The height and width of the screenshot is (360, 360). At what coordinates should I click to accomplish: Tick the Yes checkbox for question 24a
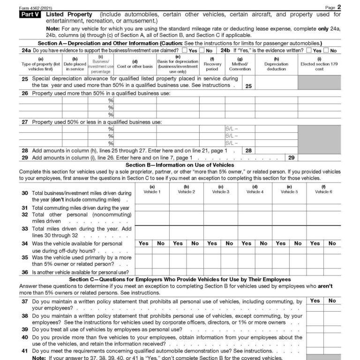point(185,50)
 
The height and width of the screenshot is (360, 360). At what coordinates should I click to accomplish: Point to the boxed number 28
point(248,151)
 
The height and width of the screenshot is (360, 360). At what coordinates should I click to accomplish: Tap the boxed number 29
point(291,158)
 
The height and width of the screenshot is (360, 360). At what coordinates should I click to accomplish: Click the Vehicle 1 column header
point(152,189)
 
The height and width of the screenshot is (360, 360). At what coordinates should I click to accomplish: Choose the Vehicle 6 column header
point(323,189)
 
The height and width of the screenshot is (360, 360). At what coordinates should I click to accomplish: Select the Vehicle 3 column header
point(220,189)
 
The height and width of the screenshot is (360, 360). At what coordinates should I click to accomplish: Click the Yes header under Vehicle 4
point(246,243)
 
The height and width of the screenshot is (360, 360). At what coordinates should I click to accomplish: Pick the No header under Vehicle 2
point(195,243)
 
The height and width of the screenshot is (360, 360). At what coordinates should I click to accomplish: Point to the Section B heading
point(180,165)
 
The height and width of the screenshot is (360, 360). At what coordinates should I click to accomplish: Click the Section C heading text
point(180,279)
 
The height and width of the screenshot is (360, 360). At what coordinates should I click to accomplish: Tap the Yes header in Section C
point(315,300)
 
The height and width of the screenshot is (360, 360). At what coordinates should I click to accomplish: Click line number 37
point(25,301)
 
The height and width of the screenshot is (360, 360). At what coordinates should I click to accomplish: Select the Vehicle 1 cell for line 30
point(152,196)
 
